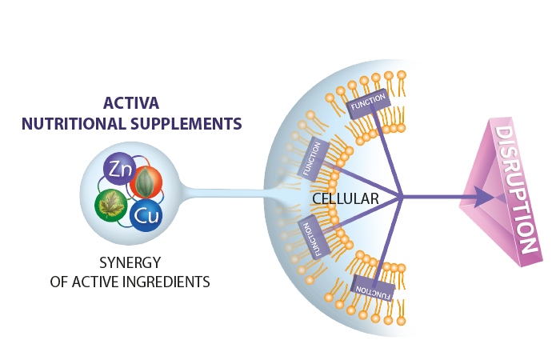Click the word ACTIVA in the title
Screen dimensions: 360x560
pyautogui.click(x=132, y=103)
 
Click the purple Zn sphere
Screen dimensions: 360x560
pyautogui.click(x=120, y=170)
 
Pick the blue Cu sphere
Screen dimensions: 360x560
pyautogui.click(x=146, y=214)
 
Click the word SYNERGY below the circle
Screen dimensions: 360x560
pyautogui.click(x=130, y=262)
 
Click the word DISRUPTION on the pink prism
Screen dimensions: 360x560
pyautogui.click(x=515, y=189)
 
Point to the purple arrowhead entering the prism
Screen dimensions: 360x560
pyautogui.click(x=482, y=197)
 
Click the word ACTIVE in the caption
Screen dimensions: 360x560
pyautogui.click(x=104, y=282)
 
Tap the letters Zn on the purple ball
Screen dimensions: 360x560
pyautogui.click(x=119, y=170)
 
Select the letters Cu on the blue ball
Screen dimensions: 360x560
pyautogui.click(x=146, y=215)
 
